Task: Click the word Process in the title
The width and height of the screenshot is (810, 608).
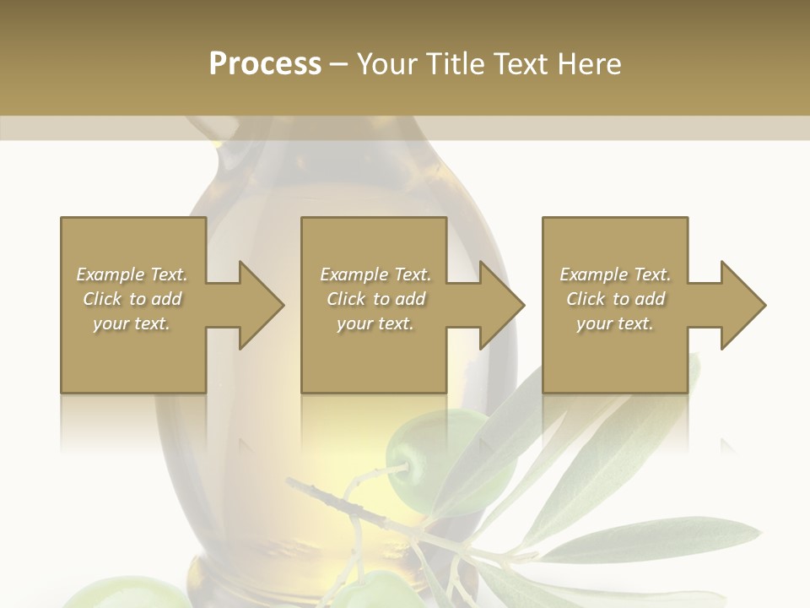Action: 265,64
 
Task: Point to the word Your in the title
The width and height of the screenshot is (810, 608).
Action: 389,64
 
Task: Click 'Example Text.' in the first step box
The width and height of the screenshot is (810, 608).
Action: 132,274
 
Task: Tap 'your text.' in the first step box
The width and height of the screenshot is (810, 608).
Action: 132,323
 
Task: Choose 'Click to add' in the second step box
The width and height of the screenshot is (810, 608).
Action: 375,299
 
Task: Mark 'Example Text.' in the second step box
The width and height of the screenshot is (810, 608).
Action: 375,274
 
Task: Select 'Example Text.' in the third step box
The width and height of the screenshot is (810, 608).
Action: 615,274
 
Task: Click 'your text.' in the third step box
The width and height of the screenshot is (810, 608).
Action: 615,323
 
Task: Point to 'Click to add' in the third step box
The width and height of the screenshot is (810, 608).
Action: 615,299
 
